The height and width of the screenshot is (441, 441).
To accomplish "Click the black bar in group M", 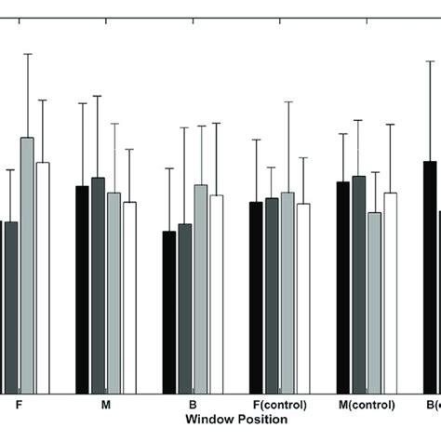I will coord(82,289).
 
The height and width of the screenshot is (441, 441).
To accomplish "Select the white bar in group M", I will coord(129,297).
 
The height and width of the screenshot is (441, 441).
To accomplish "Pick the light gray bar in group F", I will coord(27,265).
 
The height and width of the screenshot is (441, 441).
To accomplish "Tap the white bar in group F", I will coord(43,277).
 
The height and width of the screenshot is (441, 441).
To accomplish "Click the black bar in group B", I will coord(168,312).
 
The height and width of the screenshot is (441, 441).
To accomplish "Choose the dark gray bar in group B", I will coord(184,308).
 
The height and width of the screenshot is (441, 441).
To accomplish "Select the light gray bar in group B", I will coord(200,288).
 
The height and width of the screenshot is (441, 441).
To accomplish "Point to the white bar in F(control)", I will coord(303,298).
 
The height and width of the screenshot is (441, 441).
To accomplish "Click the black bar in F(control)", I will coord(256,297).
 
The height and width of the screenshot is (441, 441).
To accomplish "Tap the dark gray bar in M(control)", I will coord(359,284).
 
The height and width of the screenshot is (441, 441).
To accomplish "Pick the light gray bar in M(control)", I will coord(375,302).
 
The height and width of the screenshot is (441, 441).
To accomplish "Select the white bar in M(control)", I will coord(391,293).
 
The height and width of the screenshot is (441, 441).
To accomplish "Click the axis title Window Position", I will coord(235,421).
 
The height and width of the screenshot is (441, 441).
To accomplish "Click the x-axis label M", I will coord(105,407).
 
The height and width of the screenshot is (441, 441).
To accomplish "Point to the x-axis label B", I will coord(193,407).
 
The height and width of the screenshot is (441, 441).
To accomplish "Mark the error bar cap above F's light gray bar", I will coord(27,54).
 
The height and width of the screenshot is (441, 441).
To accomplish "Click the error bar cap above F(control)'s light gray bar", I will coord(287,102).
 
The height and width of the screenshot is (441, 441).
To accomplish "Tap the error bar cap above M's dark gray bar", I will coord(98,96).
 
